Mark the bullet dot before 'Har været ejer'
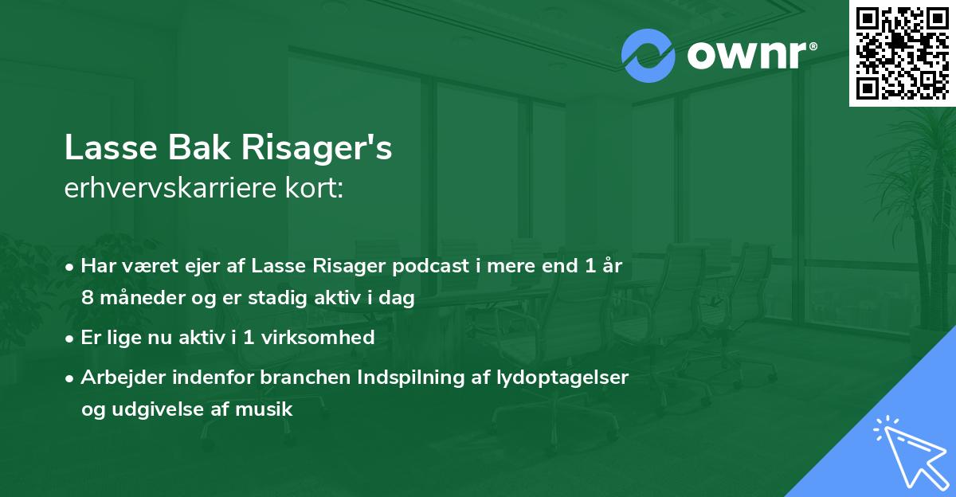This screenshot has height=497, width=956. coord(71,268)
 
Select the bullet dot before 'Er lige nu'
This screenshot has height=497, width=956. coord(71,338)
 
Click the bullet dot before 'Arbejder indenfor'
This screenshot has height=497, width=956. coord(71,378)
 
